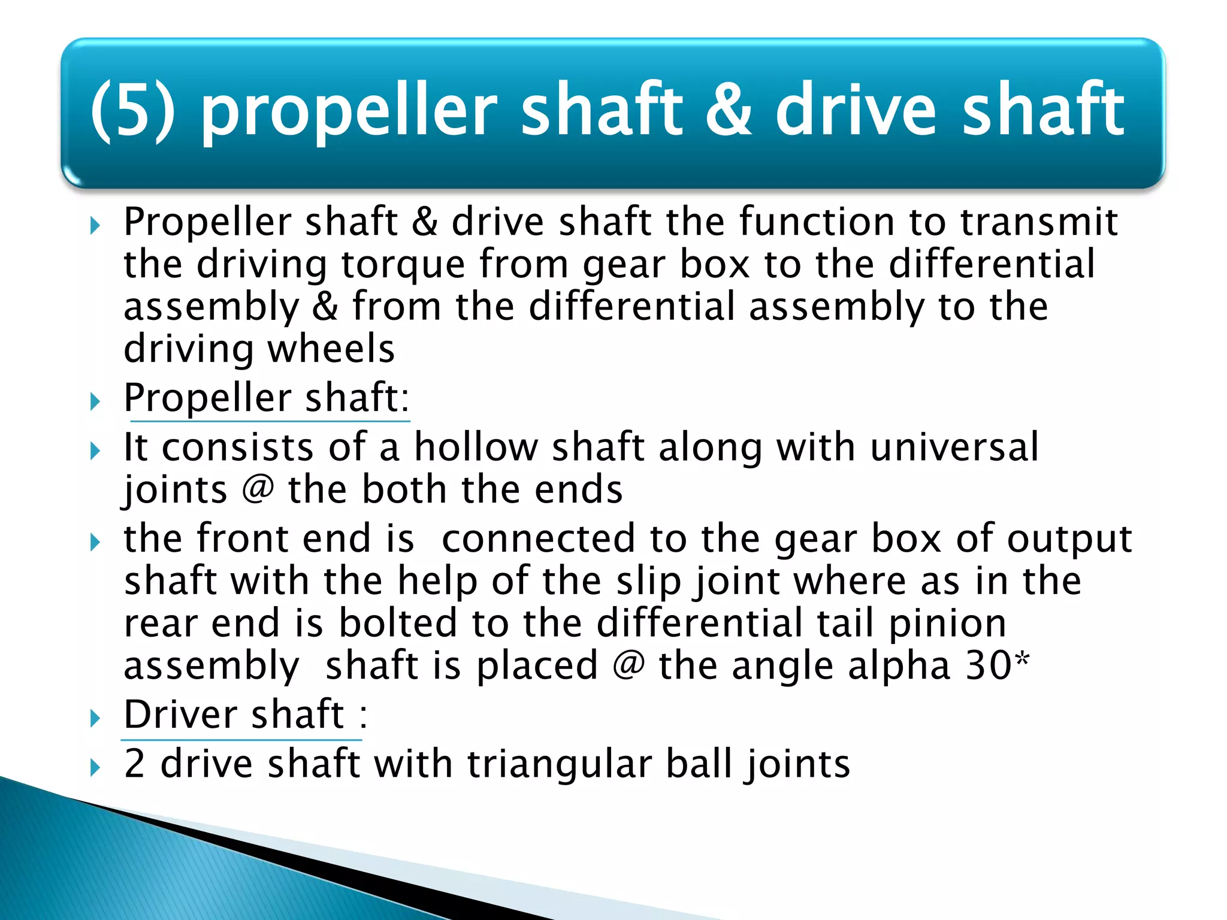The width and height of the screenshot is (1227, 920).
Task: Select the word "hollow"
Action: (x=476, y=447)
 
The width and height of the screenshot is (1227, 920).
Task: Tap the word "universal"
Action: (x=954, y=447)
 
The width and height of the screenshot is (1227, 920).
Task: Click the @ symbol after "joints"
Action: (x=258, y=489)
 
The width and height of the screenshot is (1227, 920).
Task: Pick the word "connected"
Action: (x=538, y=538)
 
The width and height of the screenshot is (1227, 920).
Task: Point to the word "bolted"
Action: (x=398, y=624)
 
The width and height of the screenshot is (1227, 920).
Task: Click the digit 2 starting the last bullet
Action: (x=135, y=764)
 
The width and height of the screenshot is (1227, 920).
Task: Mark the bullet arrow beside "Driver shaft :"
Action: (x=95, y=718)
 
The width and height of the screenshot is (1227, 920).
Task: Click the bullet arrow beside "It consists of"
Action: (x=95, y=450)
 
